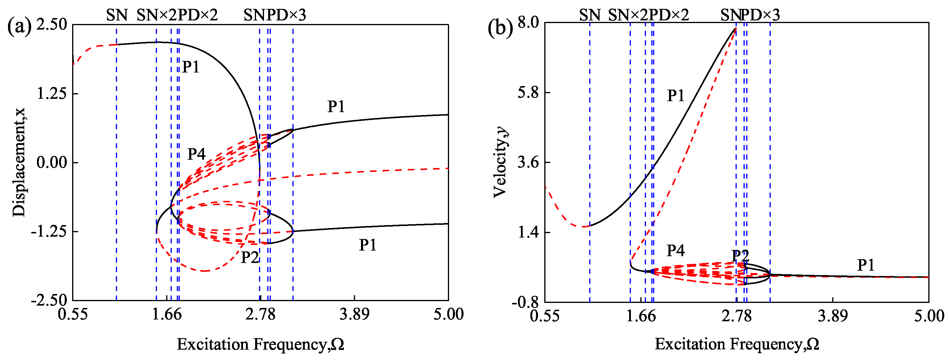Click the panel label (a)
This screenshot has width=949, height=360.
pyautogui.click(x=19, y=27)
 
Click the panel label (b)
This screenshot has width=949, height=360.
pyautogui.click(x=500, y=27)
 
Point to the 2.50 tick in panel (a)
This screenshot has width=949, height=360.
pyautogui.click(x=51, y=25)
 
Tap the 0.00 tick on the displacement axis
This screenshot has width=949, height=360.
pyautogui.click(x=51, y=162)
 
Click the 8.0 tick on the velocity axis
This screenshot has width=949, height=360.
pyautogui.click(x=528, y=22)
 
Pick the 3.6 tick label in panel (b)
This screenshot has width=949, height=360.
pyautogui.click(x=528, y=162)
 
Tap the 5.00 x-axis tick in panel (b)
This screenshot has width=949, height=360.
pyautogui.click(x=929, y=316)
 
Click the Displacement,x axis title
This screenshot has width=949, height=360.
pyautogui.click(x=19, y=162)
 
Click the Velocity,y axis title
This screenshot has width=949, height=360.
pyautogui.click(x=500, y=162)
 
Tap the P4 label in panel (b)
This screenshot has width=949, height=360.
pyautogui.click(x=675, y=251)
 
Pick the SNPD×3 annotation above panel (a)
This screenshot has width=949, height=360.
pyautogui.click(x=274, y=15)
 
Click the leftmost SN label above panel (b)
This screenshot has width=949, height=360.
pyautogui.click(x=590, y=15)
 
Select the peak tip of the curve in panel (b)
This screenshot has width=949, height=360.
pyautogui.click(x=736, y=28)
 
